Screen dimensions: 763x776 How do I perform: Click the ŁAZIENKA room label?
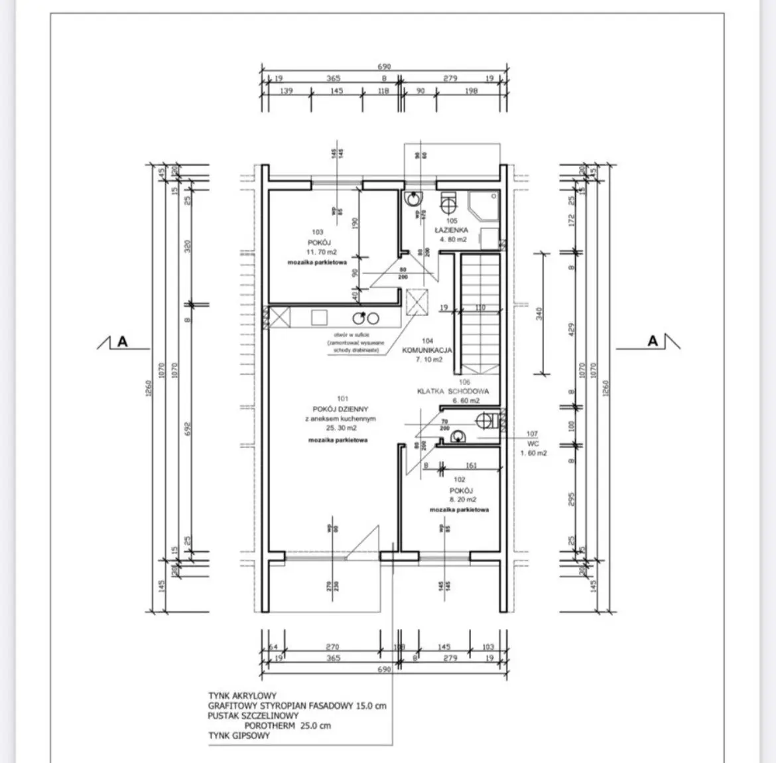[x=451, y=230]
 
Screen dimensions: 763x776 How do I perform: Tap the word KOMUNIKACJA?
[x=428, y=350]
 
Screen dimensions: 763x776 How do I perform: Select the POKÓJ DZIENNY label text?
[x=342, y=409]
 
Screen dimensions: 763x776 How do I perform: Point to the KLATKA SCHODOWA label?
[x=453, y=391]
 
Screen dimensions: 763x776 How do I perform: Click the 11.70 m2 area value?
[x=321, y=253]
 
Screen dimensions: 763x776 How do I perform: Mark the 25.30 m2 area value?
[x=342, y=428]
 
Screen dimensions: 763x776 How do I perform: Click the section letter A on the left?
[x=122, y=342]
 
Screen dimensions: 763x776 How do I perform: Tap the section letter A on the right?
[x=653, y=341]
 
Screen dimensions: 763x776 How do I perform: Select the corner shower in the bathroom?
[x=484, y=205]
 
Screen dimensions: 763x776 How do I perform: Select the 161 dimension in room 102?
[x=471, y=466]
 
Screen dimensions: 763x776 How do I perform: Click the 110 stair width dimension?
[x=480, y=308]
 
